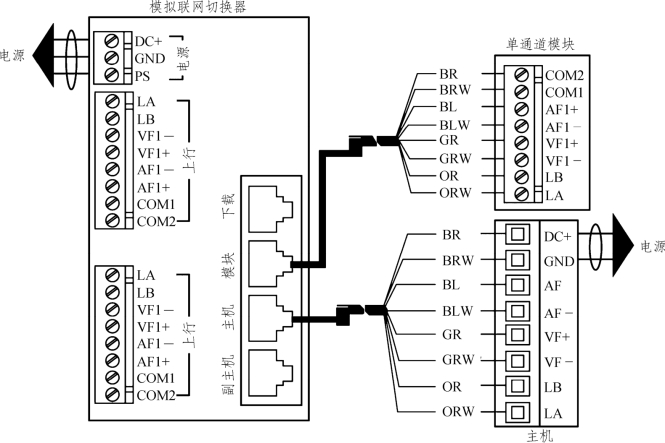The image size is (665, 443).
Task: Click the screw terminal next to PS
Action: pos(112,76)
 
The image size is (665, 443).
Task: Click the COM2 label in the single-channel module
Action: pos(565,75)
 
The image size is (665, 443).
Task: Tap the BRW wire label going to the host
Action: pos(455,261)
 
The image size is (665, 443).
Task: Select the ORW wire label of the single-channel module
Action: pos(455,193)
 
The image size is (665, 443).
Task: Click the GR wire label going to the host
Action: pos(451,336)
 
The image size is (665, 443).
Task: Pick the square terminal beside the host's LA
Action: pos(516,412)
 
